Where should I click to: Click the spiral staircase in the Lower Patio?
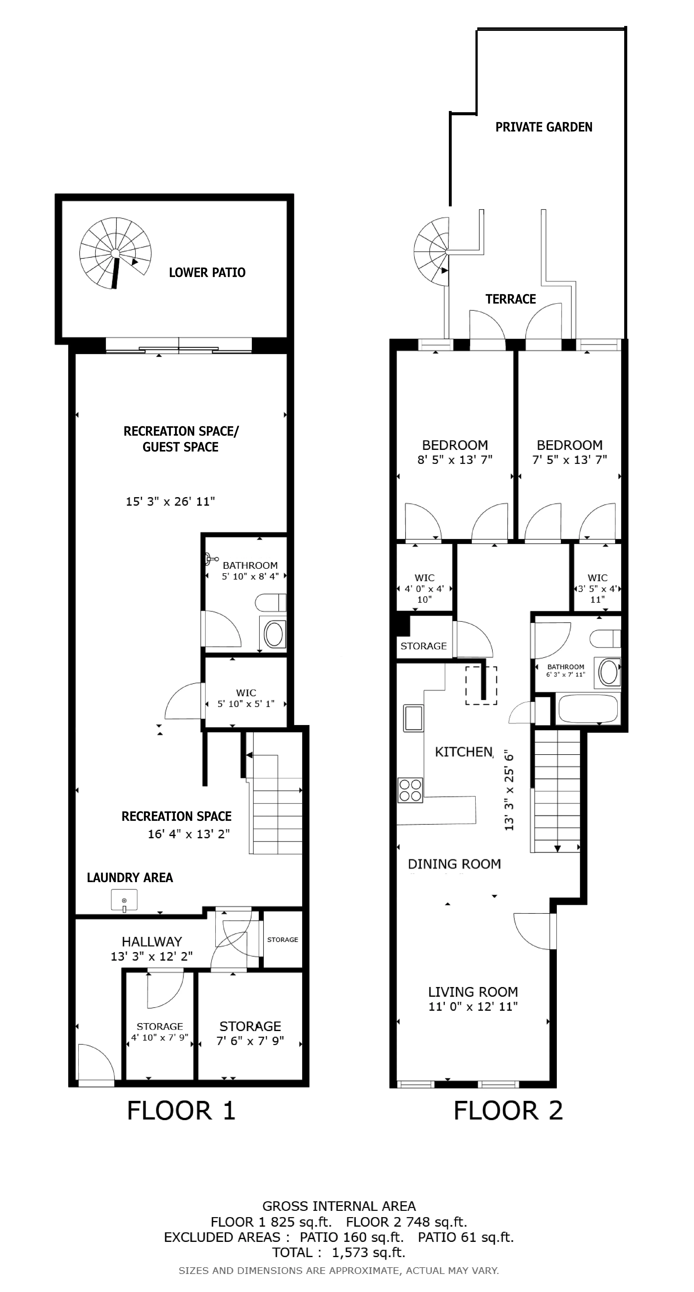point(115,253)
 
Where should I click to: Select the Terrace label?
point(511,300)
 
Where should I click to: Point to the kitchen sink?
point(413,718)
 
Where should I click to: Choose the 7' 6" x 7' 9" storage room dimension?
point(250,1041)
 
